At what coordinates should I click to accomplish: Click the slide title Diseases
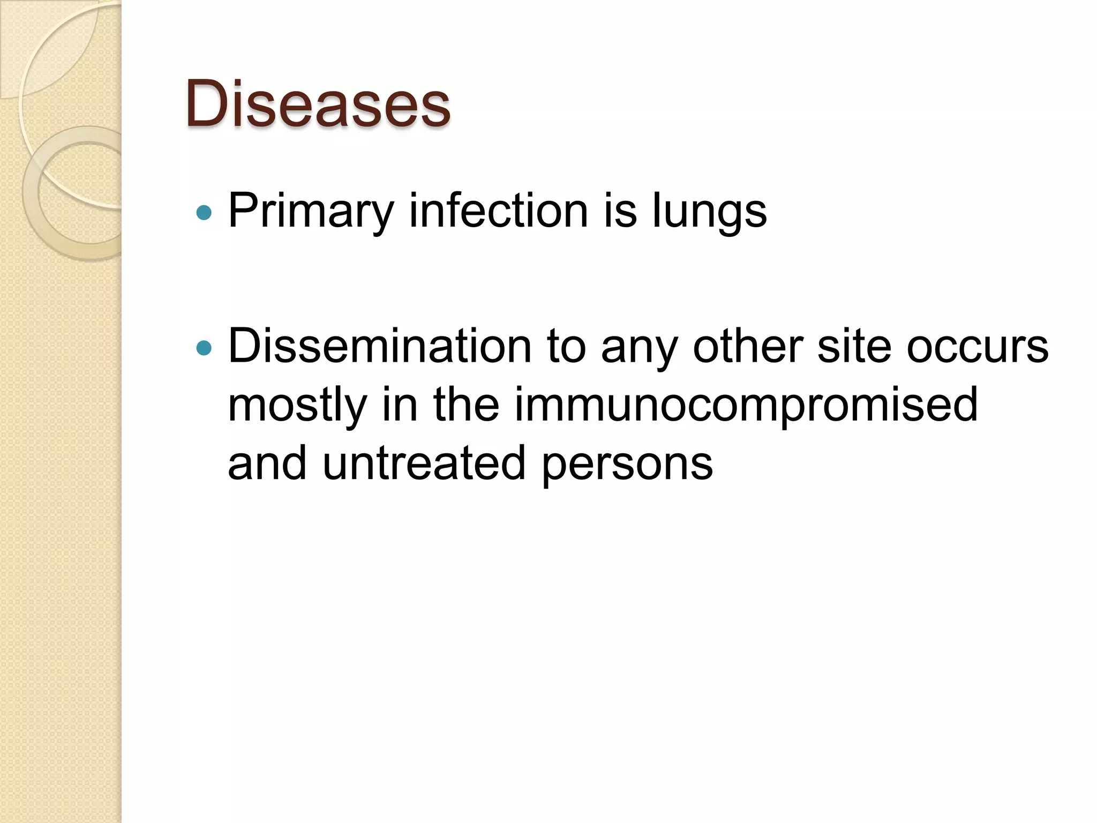318,104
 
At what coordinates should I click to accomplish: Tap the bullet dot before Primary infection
204,213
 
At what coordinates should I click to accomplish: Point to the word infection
499,211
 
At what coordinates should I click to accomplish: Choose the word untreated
424,464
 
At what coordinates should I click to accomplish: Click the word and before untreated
267,464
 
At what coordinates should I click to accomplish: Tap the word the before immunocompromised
466,405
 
